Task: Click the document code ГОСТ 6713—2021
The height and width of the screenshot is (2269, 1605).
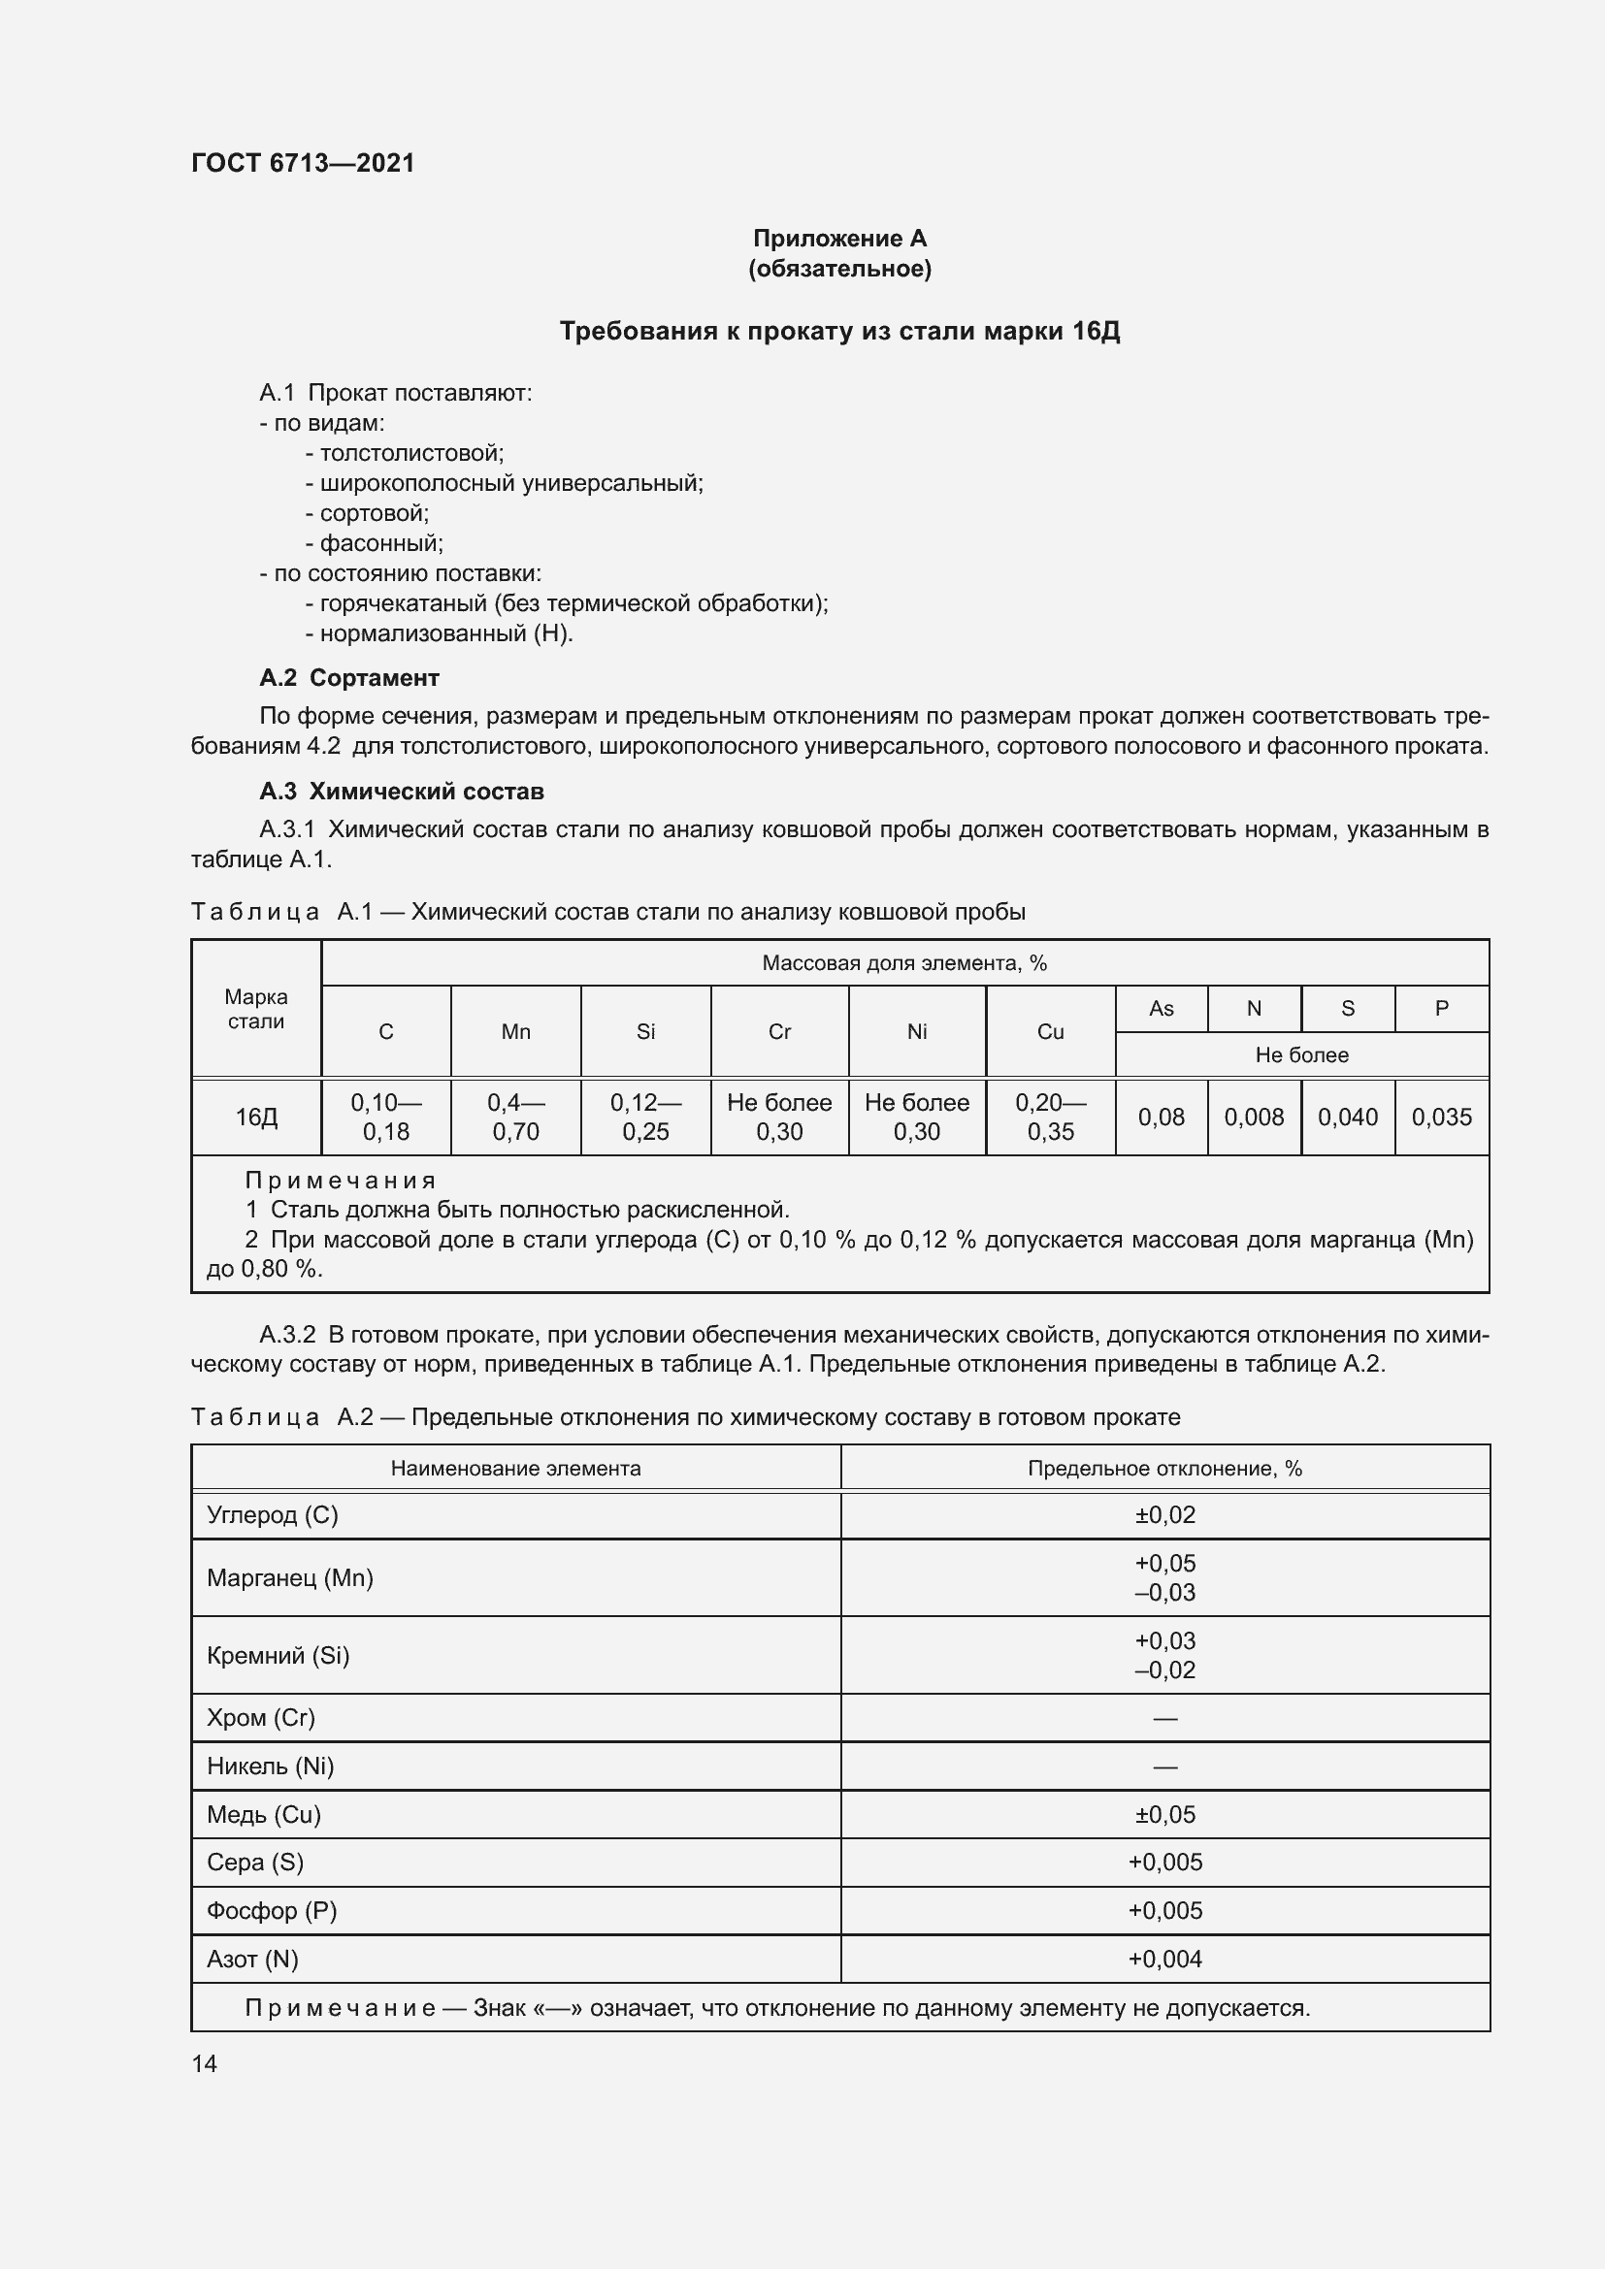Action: [303, 163]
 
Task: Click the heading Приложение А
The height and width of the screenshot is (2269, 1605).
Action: [839, 239]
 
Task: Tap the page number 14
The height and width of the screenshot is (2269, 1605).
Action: [205, 2063]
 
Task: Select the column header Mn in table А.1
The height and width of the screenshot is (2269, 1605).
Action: [516, 1032]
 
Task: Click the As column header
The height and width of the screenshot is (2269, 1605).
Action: [1161, 1009]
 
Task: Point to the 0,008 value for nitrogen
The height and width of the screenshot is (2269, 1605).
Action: [1253, 1117]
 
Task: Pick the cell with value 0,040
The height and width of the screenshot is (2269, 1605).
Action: [1347, 1117]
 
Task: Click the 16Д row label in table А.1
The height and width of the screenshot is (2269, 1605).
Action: [256, 1117]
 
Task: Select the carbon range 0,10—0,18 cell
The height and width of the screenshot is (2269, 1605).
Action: [385, 1117]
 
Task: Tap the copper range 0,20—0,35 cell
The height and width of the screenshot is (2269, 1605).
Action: [1050, 1117]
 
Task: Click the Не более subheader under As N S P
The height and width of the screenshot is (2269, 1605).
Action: [1300, 1054]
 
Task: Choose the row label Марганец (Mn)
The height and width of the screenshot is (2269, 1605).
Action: [289, 1577]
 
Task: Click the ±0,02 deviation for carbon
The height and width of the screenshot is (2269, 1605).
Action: [1164, 1515]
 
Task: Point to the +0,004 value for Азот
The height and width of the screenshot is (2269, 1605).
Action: [1164, 1959]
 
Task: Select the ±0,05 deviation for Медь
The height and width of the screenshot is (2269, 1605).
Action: [1164, 1814]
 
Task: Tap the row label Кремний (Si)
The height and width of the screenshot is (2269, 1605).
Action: [278, 1655]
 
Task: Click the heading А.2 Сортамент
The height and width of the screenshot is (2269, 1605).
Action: [349, 678]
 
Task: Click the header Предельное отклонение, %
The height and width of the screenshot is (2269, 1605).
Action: [1164, 1469]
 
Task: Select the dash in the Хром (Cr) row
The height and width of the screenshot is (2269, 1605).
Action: [1164, 1719]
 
